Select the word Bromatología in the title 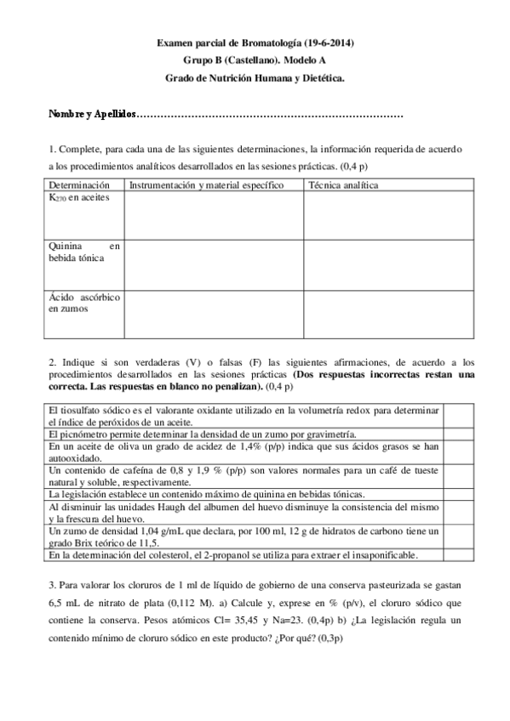click(x=256, y=43)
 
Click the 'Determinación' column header click(x=79, y=185)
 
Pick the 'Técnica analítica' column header click(x=344, y=185)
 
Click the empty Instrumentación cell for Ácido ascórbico click(x=214, y=314)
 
